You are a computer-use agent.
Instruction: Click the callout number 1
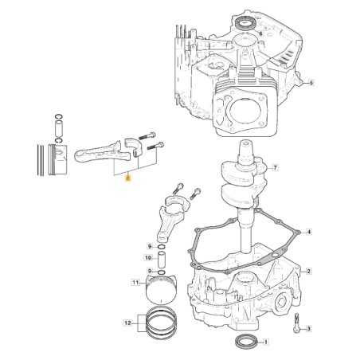(266, 344)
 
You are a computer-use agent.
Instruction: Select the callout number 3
(308, 327)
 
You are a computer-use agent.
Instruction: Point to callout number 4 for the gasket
(309, 232)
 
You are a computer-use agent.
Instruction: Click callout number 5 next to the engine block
(311, 83)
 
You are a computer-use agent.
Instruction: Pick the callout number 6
(260, 33)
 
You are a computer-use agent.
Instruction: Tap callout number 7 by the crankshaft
(275, 168)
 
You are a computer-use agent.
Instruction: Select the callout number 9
(149, 246)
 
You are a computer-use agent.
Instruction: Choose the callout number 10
(148, 258)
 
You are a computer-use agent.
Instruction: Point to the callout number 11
(135, 282)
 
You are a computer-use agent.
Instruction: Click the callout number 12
(128, 323)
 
